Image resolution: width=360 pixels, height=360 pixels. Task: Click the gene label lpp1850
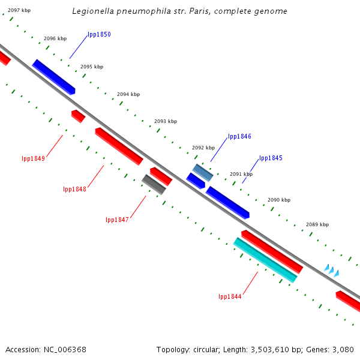[99, 35]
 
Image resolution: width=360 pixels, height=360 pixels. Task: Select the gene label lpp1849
[33, 159]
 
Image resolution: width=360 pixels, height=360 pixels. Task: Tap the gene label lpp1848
[74, 190]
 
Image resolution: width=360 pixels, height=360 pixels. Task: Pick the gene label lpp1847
[117, 220]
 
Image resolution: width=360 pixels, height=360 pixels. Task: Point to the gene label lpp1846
[239, 137]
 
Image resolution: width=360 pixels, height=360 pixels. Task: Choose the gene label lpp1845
[271, 158]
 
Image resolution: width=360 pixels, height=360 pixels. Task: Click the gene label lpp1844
[230, 297]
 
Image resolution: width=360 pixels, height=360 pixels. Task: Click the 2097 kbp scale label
[19, 11]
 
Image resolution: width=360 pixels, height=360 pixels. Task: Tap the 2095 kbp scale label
[92, 67]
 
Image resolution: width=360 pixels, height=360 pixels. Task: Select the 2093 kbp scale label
[166, 121]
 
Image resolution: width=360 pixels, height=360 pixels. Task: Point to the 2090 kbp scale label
[279, 200]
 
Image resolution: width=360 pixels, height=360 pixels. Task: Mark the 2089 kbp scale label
[317, 224]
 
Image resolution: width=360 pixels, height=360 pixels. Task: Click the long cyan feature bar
[265, 260]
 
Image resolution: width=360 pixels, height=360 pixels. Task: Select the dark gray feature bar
[154, 184]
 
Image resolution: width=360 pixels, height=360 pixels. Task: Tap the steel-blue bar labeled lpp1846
[203, 173]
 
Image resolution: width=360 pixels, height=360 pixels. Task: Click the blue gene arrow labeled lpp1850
[54, 77]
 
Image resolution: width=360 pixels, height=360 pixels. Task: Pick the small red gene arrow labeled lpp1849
[78, 116]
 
